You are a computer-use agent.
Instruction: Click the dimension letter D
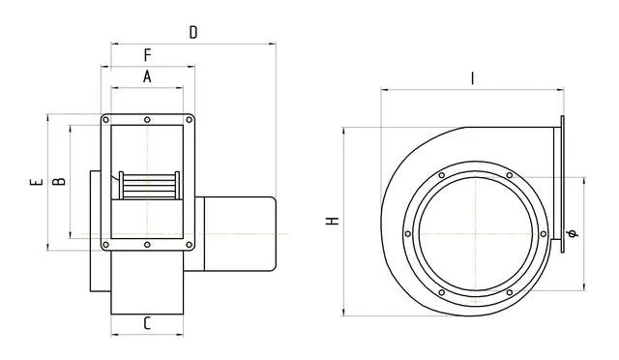coord(193,32)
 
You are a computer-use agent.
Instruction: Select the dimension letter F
coord(148,55)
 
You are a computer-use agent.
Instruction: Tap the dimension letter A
coord(147,76)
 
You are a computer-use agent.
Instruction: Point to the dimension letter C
coord(147,323)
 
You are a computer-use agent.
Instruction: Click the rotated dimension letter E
coord(37,182)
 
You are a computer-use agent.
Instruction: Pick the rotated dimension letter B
coord(59,181)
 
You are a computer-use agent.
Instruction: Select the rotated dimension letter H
coord(333,221)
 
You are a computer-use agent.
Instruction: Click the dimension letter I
coord(473,78)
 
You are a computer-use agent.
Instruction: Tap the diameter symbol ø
coord(573,233)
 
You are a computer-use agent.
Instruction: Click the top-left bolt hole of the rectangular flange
coord(105,120)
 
